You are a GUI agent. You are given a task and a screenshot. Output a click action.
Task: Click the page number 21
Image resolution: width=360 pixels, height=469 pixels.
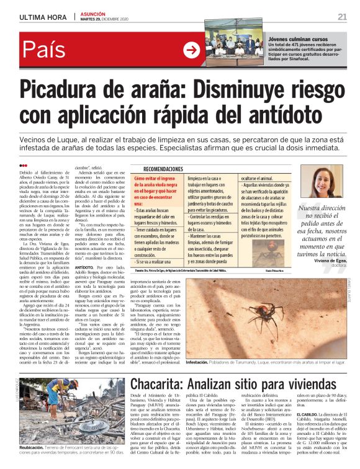[x=341, y=16]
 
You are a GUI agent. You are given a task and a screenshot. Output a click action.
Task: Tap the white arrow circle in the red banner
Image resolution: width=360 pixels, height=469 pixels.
[x=192, y=51]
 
